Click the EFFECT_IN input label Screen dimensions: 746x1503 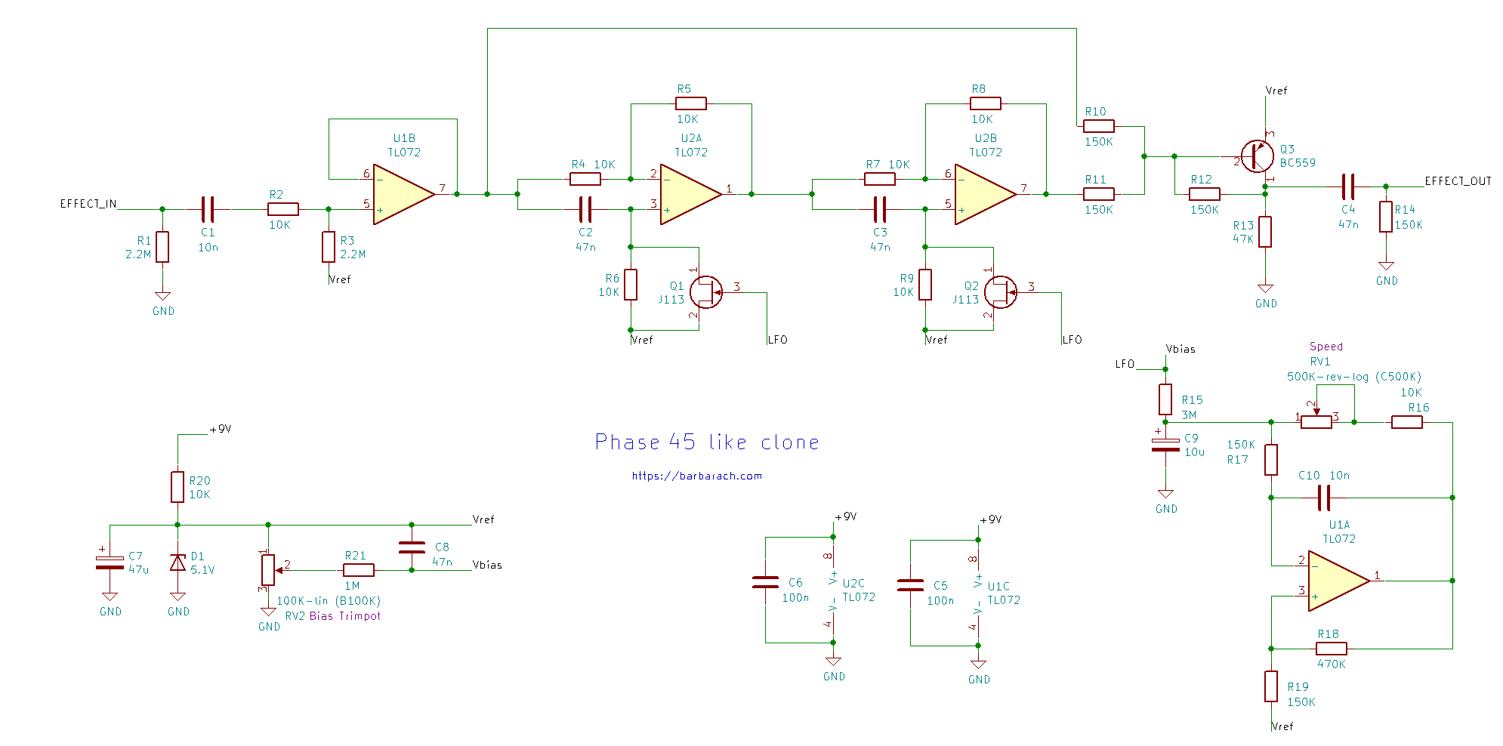pyautogui.click(x=88, y=204)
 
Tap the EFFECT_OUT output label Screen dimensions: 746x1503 pyautogui.click(x=1458, y=181)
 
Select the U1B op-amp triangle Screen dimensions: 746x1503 pyautogui.click(x=403, y=195)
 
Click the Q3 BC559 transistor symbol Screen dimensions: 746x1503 pyautogui.click(x=1256, y=157)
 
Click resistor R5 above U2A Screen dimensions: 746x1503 pyautogui.click(x=691, y=103)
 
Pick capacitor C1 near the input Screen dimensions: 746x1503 pyautogui.click(x=208, y=209)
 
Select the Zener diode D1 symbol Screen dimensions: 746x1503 pyautogui.click(x=177, y=563)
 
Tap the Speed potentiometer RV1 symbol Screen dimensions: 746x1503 pyautogui.click(x=1316, y=422)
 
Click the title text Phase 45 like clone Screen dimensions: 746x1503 pyautogui.click(x=707, y=442)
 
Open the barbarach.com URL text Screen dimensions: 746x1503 pyautogui.click(x=696, y=476)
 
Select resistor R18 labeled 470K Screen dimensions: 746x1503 pyautogui.click(x=1332, y=649)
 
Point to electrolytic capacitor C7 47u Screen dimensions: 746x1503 pyautogui.click(x=110, y=563)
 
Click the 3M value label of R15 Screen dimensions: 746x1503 pyautogui.click(x=1189, y=415)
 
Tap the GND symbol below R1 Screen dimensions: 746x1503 pyautogui.click(x=162, y=297)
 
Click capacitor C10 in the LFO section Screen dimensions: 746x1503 pyautogui.click(x=1323, y=498)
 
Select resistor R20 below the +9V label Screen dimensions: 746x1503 pyautogui.click(x=177, y=487)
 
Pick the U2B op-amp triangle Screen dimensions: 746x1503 pyautogui.click(x=984, y=195)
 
